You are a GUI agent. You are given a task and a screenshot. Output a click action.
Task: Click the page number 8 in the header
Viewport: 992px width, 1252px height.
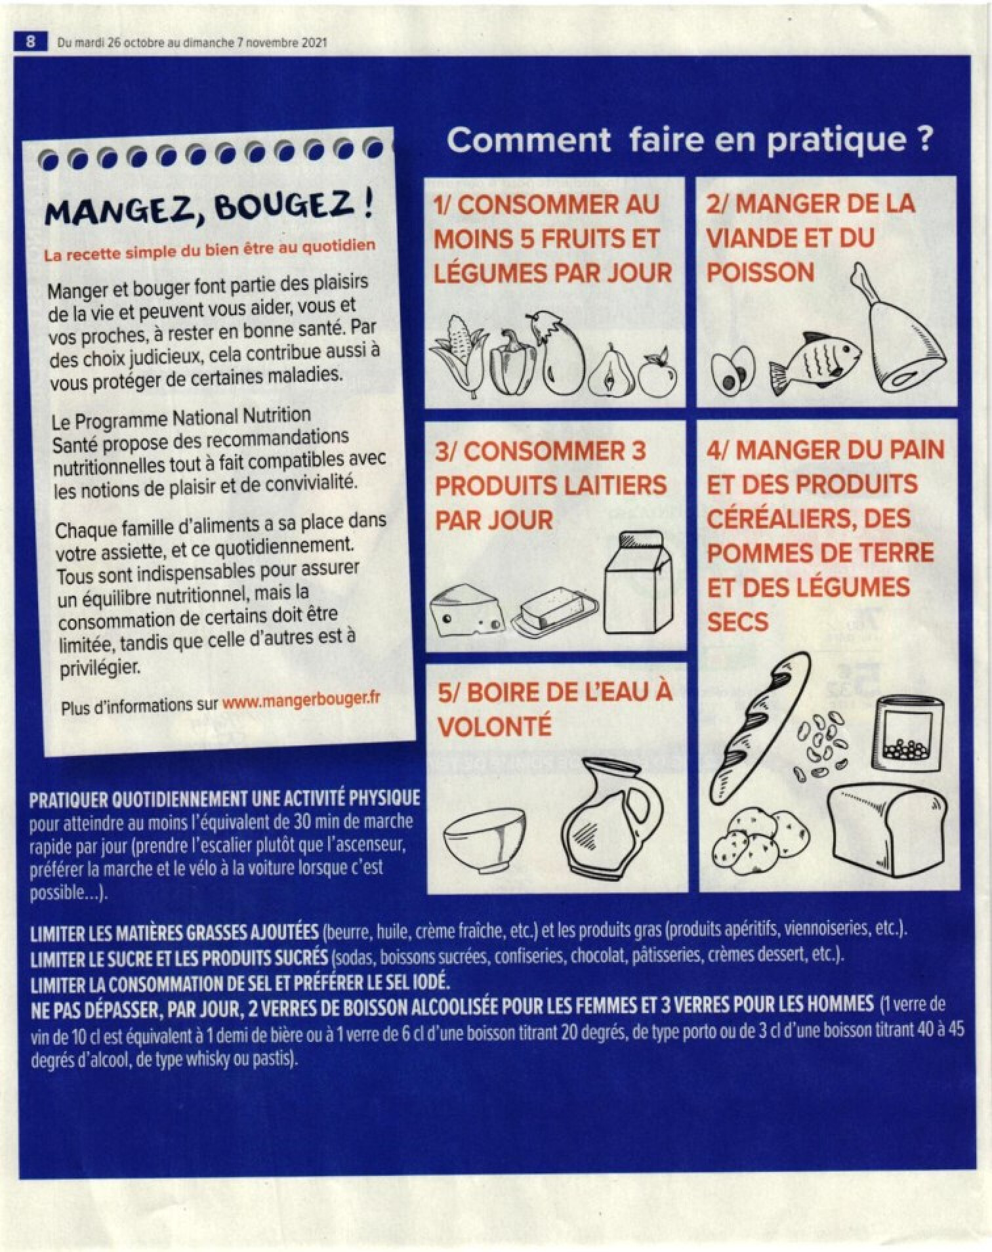tap(30, 42)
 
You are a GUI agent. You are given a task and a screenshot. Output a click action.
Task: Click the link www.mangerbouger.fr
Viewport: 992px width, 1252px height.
tap(302, 700)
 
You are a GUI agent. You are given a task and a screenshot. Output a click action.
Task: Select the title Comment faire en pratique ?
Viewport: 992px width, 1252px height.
tap(690, 140)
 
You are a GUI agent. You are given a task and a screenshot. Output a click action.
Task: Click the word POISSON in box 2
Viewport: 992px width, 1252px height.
tap(760, 272)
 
